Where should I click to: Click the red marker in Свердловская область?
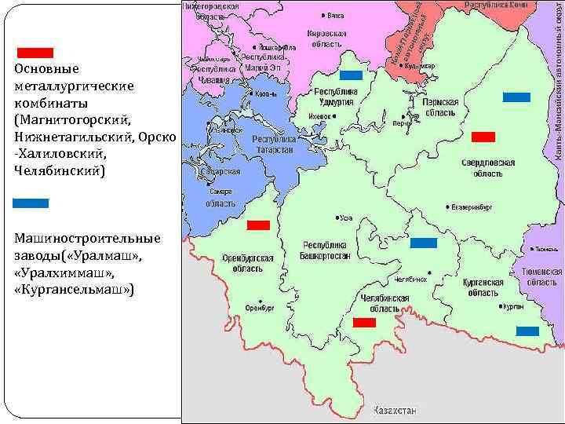483,137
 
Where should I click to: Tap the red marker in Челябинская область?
364,323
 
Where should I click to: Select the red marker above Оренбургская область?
258,225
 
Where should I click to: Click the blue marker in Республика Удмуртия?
350,75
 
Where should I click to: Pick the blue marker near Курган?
527,331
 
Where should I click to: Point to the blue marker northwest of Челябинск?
424,243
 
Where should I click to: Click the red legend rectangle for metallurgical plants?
35,53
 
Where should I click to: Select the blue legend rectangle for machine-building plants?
31,203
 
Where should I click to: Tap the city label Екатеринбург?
471,208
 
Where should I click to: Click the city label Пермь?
401,123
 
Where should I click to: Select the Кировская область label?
325,40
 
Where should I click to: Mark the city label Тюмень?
545,249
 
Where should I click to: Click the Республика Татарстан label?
273,144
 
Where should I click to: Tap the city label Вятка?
335,15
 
